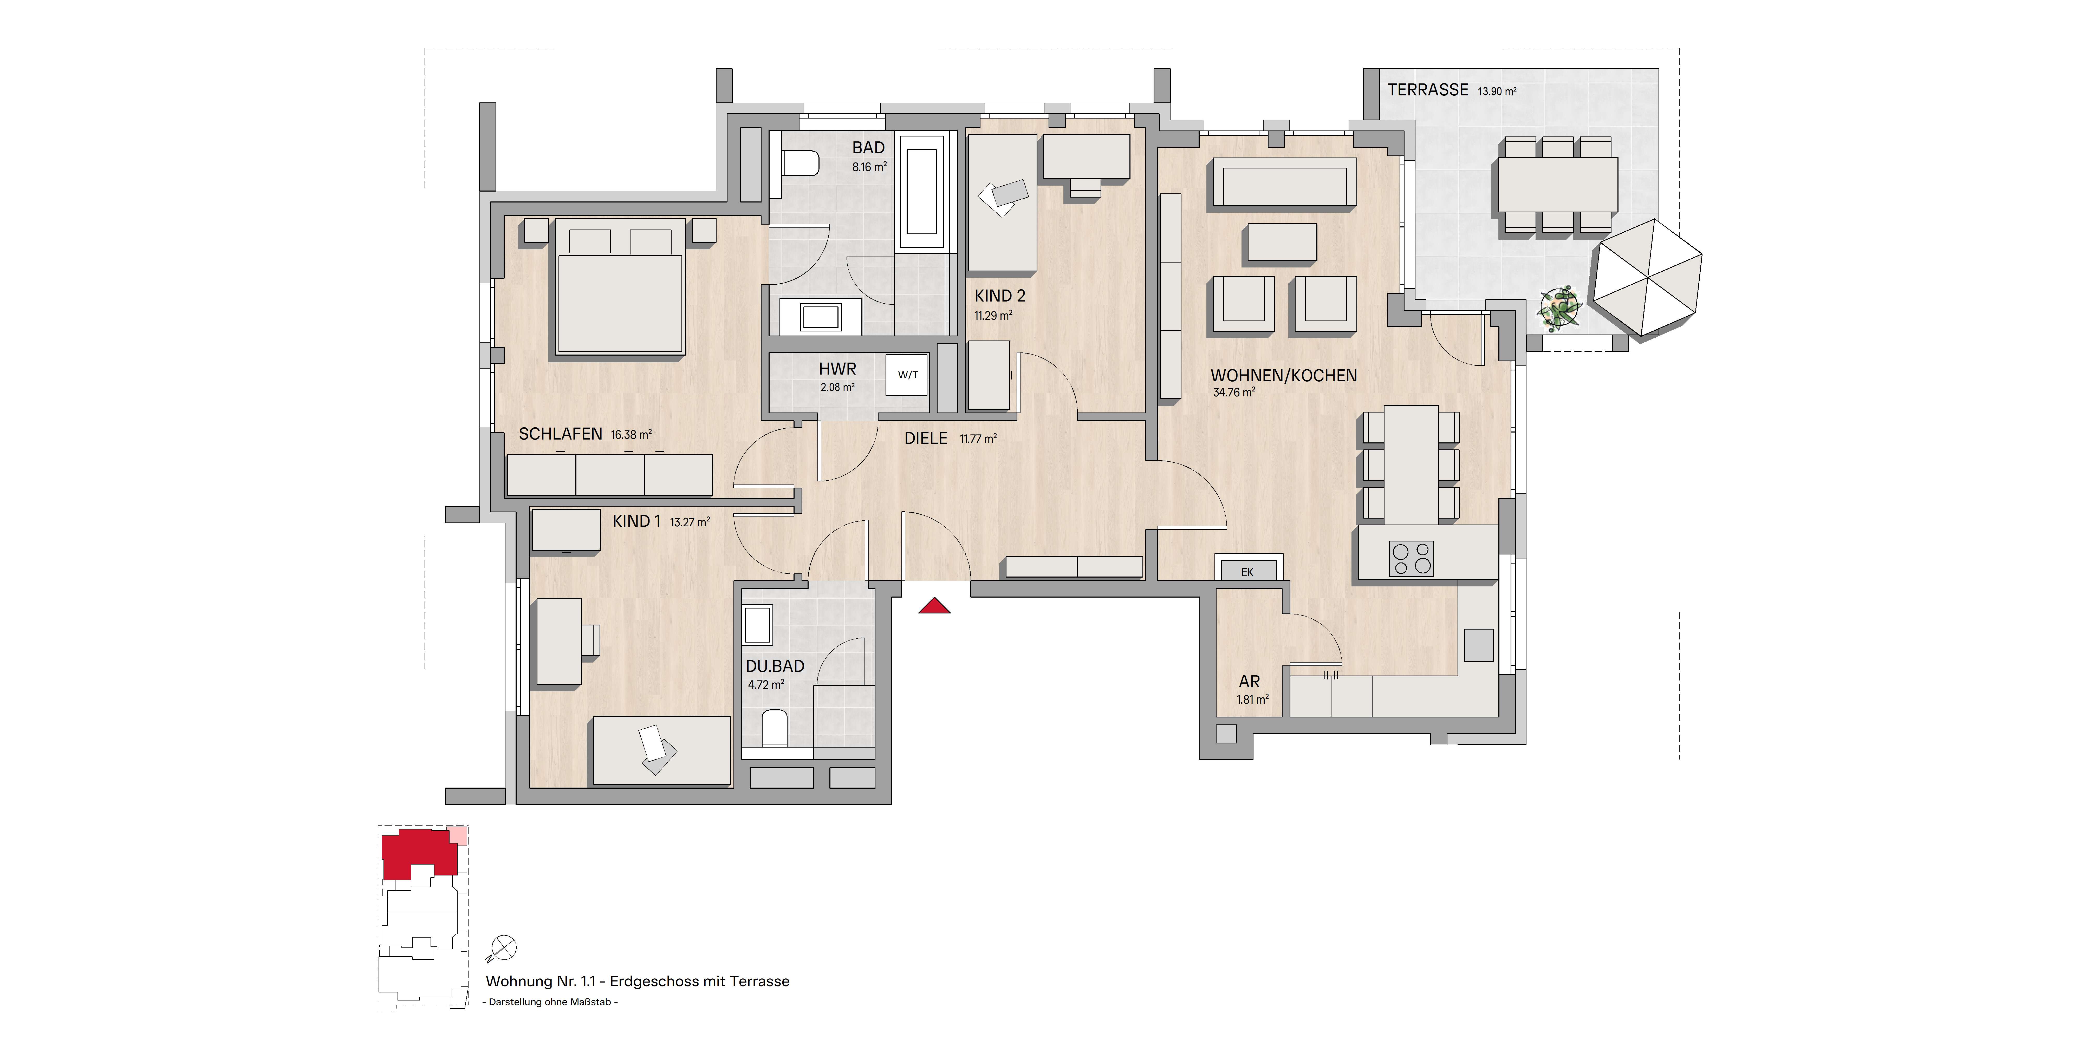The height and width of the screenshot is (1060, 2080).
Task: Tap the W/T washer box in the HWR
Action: tap(908, 375)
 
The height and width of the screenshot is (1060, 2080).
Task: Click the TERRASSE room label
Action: tap(1428, 90)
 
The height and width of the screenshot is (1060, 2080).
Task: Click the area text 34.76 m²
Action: tap(1234, 392)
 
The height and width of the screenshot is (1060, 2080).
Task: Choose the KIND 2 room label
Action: tap(1000, 296)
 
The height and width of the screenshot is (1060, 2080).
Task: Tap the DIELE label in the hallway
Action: tap(925, 438)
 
